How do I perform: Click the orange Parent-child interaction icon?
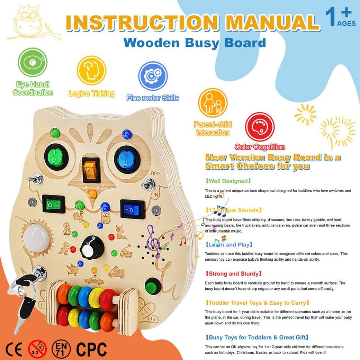212,103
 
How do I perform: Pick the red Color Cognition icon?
260,127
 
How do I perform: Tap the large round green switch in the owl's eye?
57,157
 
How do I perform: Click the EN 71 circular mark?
61,348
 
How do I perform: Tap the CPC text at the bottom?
91,348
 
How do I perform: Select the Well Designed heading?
228,181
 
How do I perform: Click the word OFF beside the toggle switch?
156,173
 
